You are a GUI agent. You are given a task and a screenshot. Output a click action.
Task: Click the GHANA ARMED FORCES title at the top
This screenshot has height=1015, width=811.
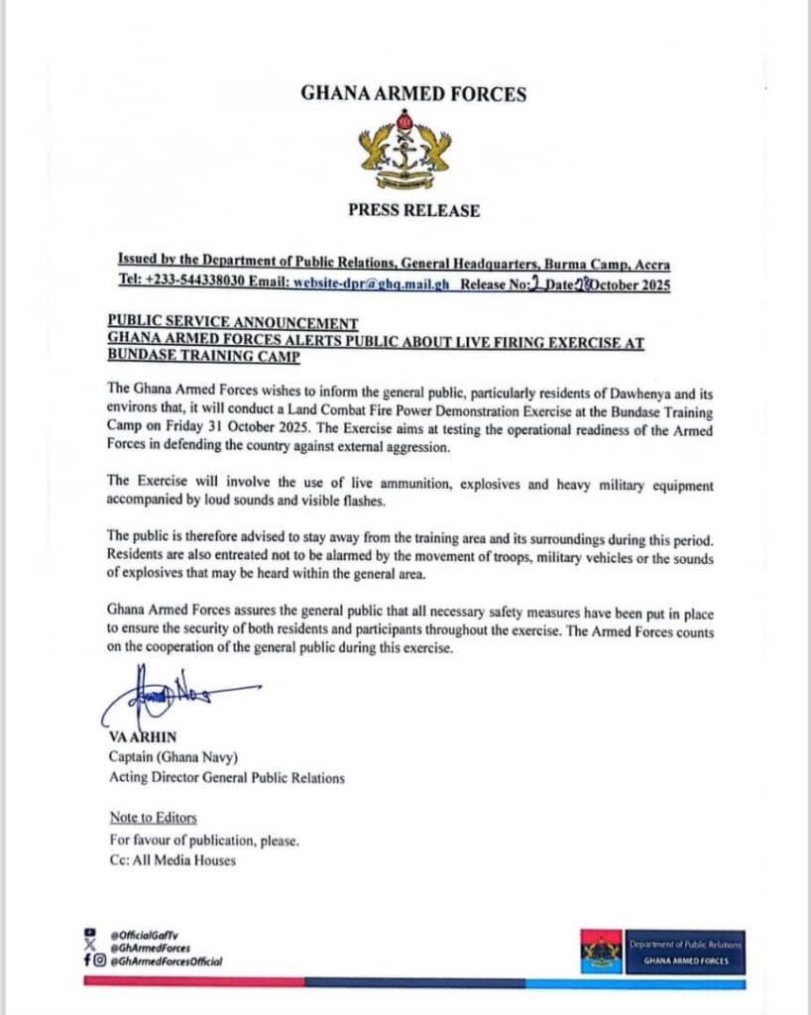pyautogui.click(x=413, y=95)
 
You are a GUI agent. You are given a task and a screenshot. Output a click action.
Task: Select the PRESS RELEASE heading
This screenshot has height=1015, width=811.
pyautogui.click(x=413, y=210)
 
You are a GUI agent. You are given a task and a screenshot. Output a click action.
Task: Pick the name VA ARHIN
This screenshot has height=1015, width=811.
pyautogui.click(x=142, y=739)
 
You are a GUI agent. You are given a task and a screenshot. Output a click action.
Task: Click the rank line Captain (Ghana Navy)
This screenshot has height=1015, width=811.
pyautogui.click(x=172, y=758)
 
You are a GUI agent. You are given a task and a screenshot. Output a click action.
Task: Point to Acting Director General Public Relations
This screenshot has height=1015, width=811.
pyautogui.click(x=227, y=778)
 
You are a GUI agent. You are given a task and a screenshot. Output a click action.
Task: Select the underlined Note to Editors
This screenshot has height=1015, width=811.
pyautogui.click(x=153, y=818)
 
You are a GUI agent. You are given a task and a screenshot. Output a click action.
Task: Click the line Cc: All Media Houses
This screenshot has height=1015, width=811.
pyautogui.click(x=173, y=859)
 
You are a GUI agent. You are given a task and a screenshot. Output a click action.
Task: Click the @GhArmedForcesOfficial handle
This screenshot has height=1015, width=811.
pyautogui.click(x=167, y=960)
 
